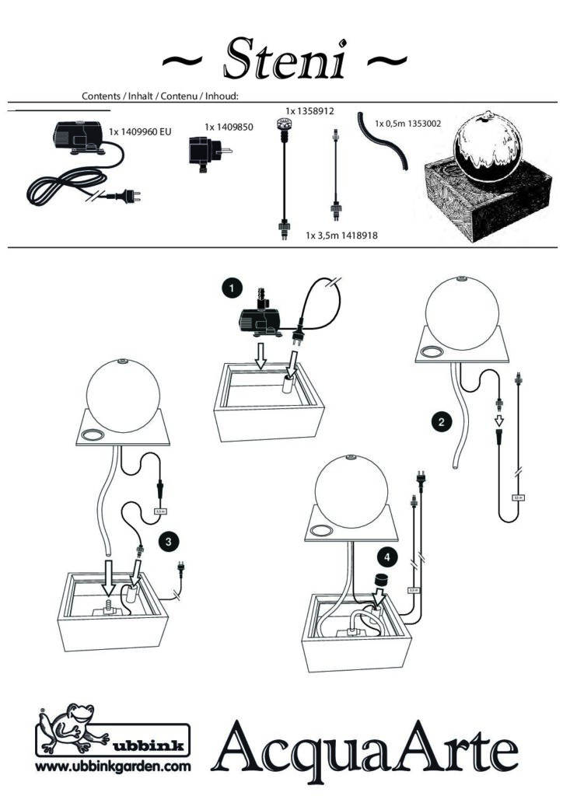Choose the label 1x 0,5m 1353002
point(408,123)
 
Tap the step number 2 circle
point(442,423)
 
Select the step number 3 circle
point(166,540)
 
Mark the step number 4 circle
point(386,557)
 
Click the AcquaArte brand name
point(370,750)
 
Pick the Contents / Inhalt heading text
point(159,96)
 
